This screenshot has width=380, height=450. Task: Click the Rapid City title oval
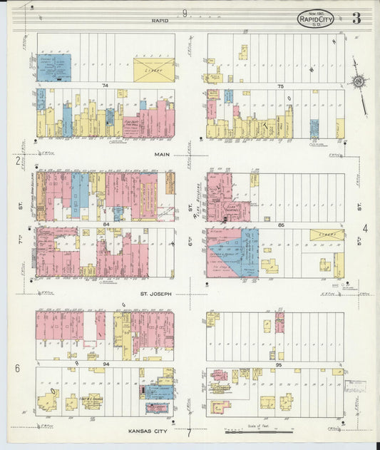point(315,19)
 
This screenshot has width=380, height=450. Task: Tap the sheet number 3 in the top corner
point(355,18)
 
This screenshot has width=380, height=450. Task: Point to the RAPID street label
point(160,21)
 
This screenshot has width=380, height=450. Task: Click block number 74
point(105,86)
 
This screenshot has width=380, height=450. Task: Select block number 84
point(106,225)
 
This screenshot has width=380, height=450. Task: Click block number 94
point(105,364)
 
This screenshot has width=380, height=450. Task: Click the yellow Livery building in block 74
point(154,70)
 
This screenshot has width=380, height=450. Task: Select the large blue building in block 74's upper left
point(54,66)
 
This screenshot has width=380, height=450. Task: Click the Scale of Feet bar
point(258,431)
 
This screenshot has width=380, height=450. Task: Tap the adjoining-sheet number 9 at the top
point(185,13)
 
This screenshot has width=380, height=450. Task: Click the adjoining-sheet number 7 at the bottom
point(189,432)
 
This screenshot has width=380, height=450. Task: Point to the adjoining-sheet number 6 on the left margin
point(16,368)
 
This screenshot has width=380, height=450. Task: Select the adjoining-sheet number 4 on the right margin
point(364,228)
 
